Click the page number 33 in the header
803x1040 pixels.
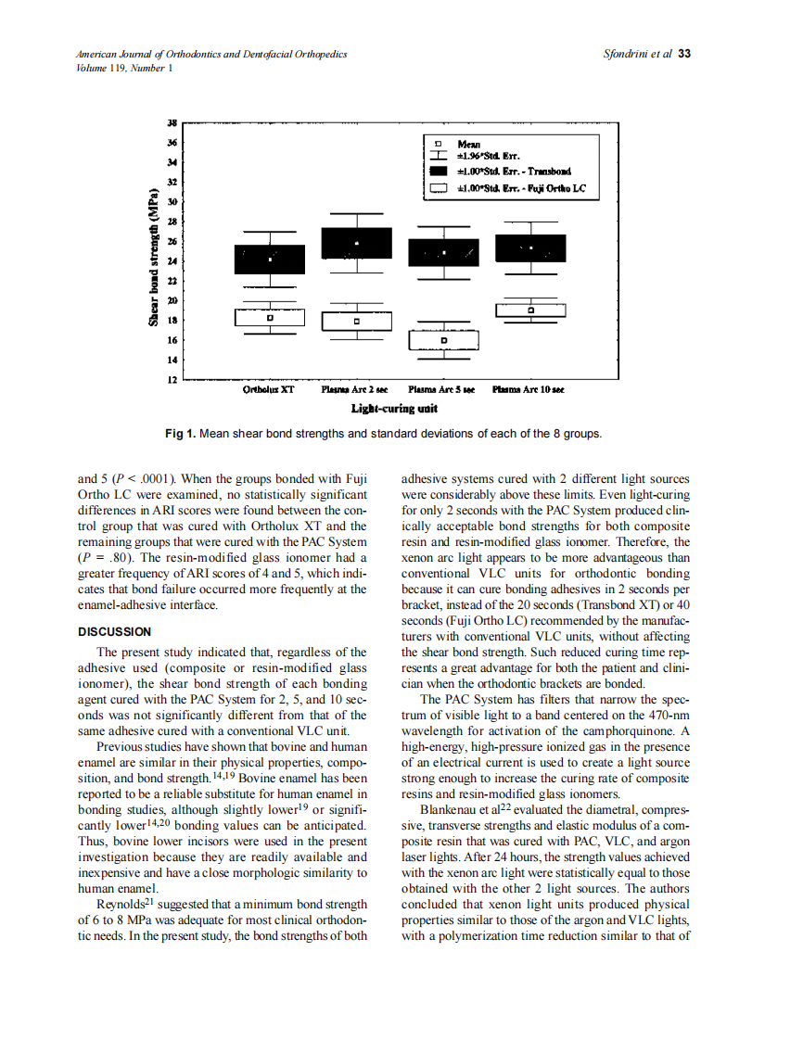pos(684,54)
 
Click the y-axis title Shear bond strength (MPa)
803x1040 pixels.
pos(152,258)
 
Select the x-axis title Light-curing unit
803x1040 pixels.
pos(394,408)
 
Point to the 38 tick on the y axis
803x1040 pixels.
pos(172,122)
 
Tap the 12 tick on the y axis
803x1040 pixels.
pos(172,380)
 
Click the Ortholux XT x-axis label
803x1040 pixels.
pos(268,390)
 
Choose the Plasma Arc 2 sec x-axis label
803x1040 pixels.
pos(355,390)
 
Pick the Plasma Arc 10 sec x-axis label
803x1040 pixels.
pos(528,390)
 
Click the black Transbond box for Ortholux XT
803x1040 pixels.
pos(269,260)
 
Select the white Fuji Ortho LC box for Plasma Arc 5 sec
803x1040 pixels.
pos(443,341)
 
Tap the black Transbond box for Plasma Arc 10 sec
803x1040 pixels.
pos(530,248)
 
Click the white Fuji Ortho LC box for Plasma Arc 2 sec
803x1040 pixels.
pos(356,322)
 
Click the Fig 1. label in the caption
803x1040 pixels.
pos(182,434)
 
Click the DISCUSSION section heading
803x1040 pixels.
pos(113,632)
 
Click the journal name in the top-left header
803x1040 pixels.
pos(211,55)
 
